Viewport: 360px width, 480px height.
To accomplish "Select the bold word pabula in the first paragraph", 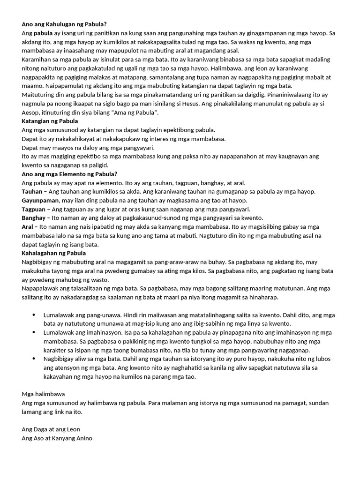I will [x=43, y=33].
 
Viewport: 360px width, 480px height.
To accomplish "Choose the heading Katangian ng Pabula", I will [x=50, y=121].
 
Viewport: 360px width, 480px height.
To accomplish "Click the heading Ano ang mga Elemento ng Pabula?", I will [x=69, y=174].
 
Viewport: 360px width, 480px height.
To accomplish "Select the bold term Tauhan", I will [x=32, y=191].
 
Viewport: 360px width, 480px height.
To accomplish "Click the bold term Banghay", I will [x=34, y=218].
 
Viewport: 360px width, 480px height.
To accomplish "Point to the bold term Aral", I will [x=27, y=227].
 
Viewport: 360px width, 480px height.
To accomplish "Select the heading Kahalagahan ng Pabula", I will [x=53, y=253].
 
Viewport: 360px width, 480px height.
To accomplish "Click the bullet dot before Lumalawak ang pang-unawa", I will [x=34, y=315].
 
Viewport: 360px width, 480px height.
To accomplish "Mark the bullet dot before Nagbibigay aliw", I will [x=34, y=359].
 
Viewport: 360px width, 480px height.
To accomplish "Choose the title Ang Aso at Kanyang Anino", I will [x=57, y=438].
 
